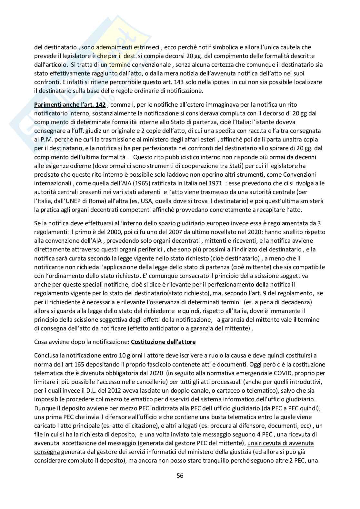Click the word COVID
(x=269, y=373)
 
